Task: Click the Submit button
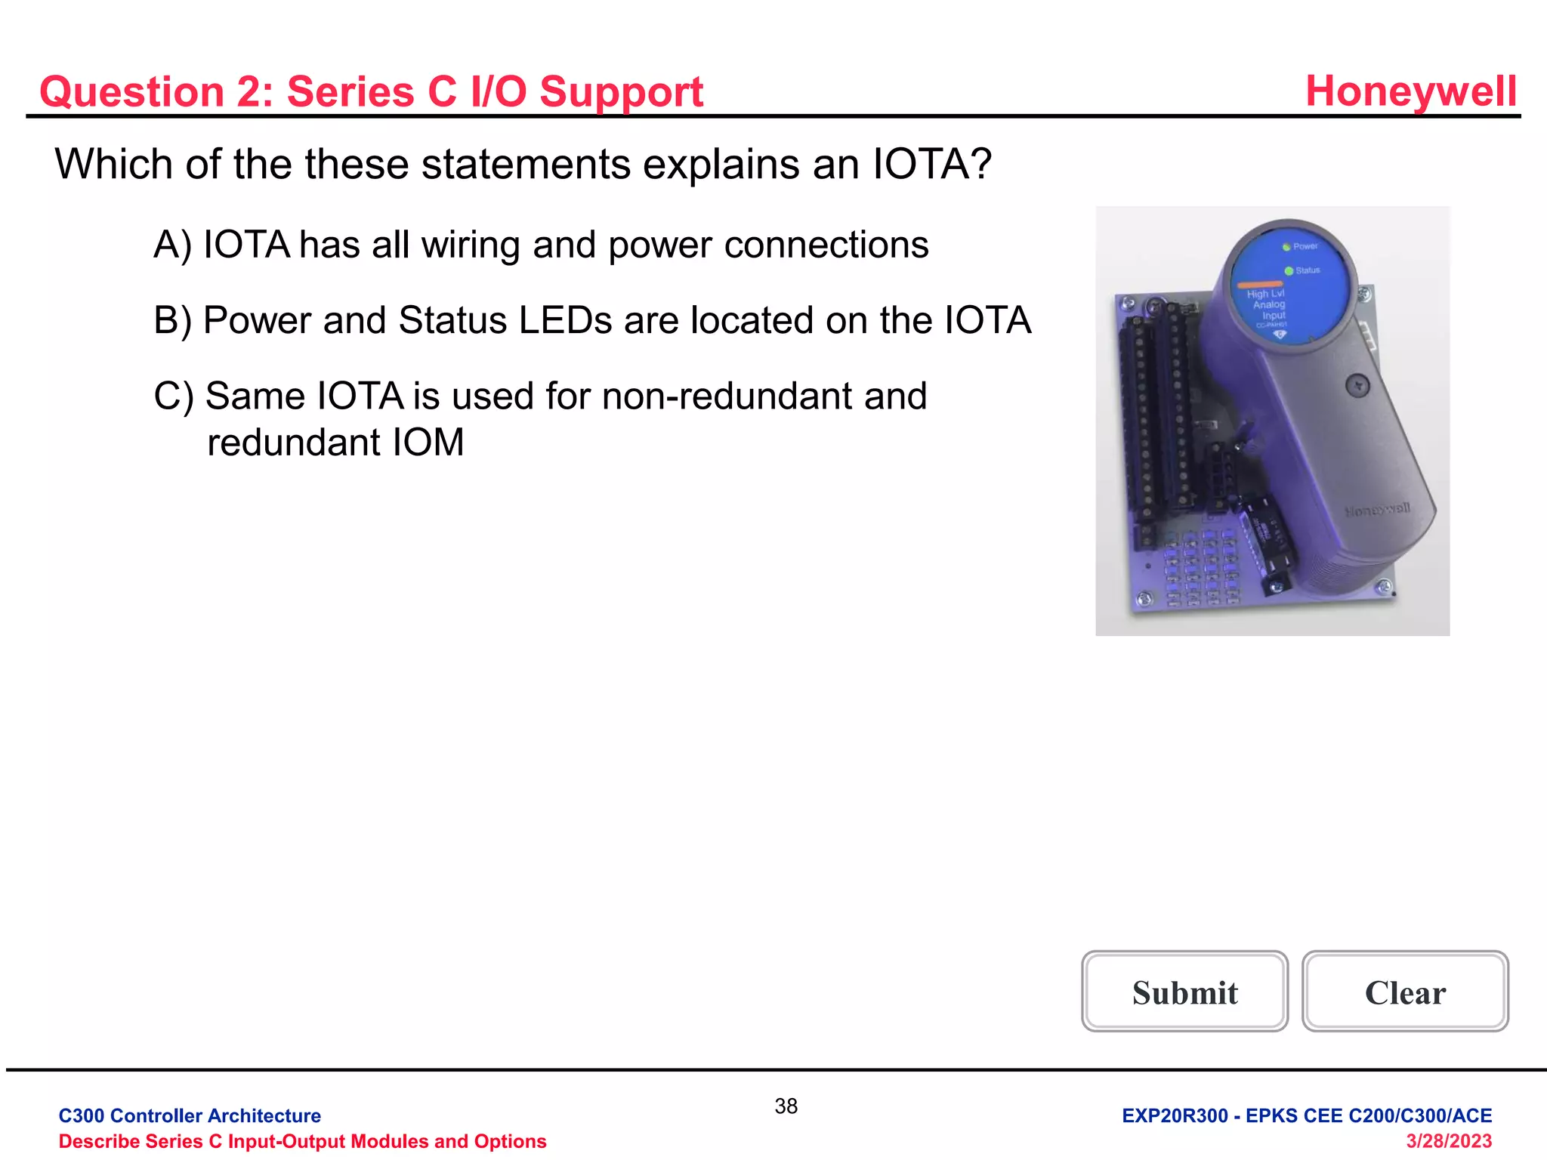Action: [1184, 992]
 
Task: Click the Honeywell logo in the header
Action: [1410, 91]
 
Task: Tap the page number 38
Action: [786, 1106]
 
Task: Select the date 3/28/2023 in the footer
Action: [1448, 1141]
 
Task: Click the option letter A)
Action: [173, 245]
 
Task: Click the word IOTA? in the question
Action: [931, 164]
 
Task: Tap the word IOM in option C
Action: [428, 443]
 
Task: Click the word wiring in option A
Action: [471, 245]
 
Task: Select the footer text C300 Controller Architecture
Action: [190, 1115]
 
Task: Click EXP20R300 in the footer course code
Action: [1175, 1115]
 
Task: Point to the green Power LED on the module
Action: [1286, 247]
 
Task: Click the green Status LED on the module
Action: [1289, 270]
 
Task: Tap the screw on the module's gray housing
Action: [1357, 386]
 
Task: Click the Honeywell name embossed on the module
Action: [1376, 511]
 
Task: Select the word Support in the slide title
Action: [621, 92]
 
